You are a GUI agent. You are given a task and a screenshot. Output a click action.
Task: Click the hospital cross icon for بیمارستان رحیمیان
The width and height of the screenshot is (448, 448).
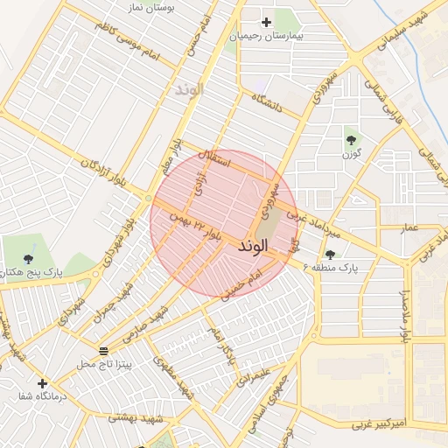(267, 21)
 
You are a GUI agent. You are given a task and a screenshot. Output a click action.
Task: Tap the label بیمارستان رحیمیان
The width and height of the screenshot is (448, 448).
(266, 38)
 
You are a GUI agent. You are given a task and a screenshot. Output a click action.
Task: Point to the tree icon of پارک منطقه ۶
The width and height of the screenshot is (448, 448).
(329, 254)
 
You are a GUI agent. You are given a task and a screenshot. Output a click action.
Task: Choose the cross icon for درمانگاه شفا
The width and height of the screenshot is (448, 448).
(42, 383)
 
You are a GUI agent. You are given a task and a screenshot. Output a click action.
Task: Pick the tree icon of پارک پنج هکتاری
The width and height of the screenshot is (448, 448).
(29, 258)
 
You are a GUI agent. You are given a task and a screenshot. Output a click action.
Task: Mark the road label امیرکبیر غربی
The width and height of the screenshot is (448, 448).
(381, 423)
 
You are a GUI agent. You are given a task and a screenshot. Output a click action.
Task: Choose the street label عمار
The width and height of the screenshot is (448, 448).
(409, 227)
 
